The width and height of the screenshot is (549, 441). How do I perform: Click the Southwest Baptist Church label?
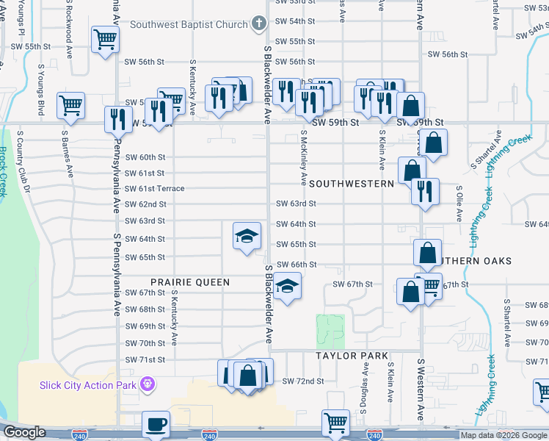tap(189, 24)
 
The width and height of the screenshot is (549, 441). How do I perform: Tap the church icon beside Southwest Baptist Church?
tap(258, 24)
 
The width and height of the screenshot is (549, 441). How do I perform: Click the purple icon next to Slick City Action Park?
tap(147, 383)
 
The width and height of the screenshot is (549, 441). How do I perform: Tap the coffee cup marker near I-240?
tap(156, 425)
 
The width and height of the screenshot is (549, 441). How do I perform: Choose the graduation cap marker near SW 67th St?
tap(288, 285)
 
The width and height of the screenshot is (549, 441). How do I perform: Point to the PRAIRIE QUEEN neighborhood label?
tap(190, 282)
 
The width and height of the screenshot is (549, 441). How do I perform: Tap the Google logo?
tap(24, 432)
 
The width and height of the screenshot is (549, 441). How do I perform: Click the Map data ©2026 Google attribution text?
tap(503, 435)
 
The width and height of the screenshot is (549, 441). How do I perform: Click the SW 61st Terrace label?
tap(155, 189)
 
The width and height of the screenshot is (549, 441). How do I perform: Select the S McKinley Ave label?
tap(303, 157)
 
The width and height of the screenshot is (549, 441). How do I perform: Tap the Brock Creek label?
tap(3, 172)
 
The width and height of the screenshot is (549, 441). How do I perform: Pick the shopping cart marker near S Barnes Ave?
tap(70, 106)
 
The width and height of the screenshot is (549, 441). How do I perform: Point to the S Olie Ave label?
tap(460, 201)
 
